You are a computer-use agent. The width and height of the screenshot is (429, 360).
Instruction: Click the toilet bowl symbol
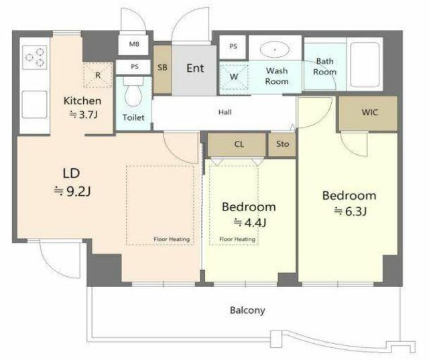(x=133, y=93)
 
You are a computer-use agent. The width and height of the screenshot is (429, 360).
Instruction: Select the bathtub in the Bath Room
(x=365, y=64)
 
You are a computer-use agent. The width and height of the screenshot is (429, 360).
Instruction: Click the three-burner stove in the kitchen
(x=35, y=57)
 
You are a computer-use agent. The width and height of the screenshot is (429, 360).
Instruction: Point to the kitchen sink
(x=34, y=105)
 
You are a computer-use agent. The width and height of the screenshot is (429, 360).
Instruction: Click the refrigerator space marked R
(x=98, y=75)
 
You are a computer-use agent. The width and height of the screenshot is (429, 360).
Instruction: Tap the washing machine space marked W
(x=234, y=76)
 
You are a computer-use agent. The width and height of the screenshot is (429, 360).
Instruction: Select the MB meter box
(x=134, y=44)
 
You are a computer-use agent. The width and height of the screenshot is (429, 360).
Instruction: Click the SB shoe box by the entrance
(x=162, y=70)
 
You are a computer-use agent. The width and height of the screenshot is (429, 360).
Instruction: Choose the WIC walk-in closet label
(x=370, y=112)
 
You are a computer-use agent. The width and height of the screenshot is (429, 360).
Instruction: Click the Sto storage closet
(x=282, y=144)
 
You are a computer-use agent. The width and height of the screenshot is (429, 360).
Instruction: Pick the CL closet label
(x=239, y=144)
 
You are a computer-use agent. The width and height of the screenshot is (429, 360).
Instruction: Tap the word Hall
(x=225, y=112)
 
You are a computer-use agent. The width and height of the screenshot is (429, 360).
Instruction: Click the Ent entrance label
(x=195, y=68)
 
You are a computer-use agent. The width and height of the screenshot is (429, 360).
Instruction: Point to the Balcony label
(x=247, y=310)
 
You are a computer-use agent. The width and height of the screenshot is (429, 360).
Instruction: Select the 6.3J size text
(x=350, y=211)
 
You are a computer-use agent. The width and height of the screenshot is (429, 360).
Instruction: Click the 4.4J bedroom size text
(x=250, y=223)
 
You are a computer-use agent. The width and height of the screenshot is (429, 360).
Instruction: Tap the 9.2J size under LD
(x=72, y=191)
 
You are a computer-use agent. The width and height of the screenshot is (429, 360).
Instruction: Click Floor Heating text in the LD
(x=172, y=239)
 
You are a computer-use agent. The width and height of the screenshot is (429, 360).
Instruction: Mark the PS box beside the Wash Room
(x=233, y=46)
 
